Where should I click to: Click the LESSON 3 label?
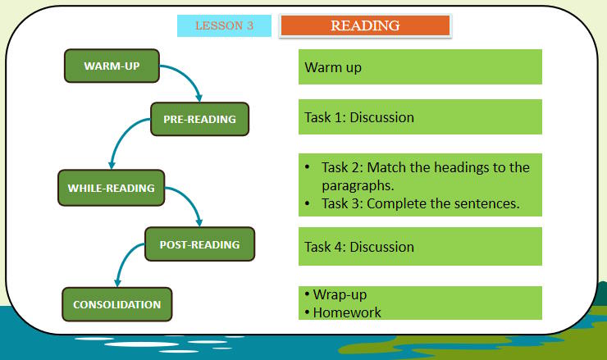[224, 25]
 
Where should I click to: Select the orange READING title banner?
[365, 25]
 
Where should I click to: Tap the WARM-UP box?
[112, 66]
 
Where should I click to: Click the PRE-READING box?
[199, 119]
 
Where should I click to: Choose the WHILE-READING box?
[111, 188]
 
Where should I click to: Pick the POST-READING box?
[199, 244]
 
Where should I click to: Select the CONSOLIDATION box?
[116, 304]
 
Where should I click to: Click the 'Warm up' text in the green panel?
[332, 67]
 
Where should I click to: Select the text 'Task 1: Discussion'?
[358, 117]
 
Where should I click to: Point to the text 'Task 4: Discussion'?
[358, 246]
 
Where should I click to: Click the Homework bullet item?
[342, 312]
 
